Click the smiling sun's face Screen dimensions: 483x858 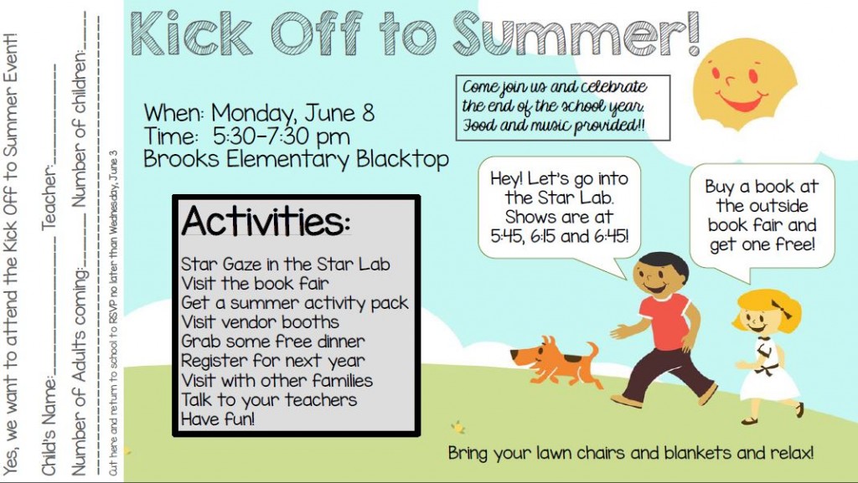point(736,82)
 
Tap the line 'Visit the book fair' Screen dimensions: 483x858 point(255,283)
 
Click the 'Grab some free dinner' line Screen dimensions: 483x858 point(273,342)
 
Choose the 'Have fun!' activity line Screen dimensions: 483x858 point(218,419)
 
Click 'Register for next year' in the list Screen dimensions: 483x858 point(273,361)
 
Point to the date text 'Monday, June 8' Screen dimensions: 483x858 point(292,113)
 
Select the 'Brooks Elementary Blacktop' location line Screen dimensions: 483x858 point(296,159)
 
